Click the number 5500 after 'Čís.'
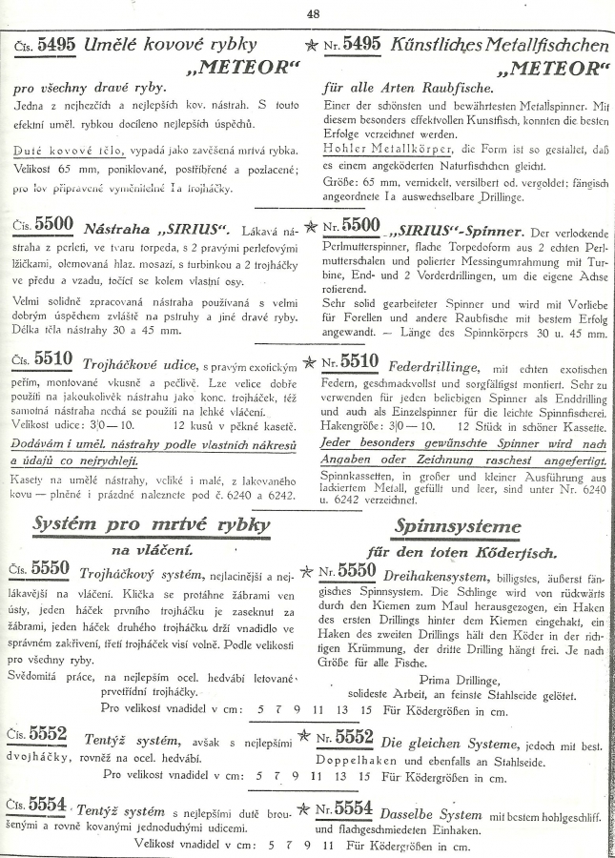pyautogui.click(x=53, y=225)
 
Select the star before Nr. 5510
pyautogui.click(x=308, y=363)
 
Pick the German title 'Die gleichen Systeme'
pyautogui.click(x=444, y=739)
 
